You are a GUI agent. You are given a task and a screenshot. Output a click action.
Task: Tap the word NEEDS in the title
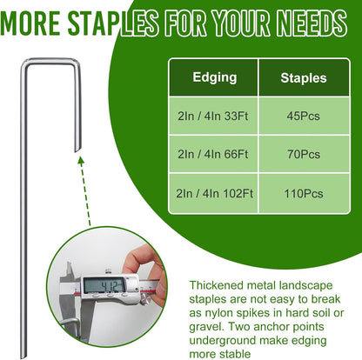(x=312, y=18)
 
